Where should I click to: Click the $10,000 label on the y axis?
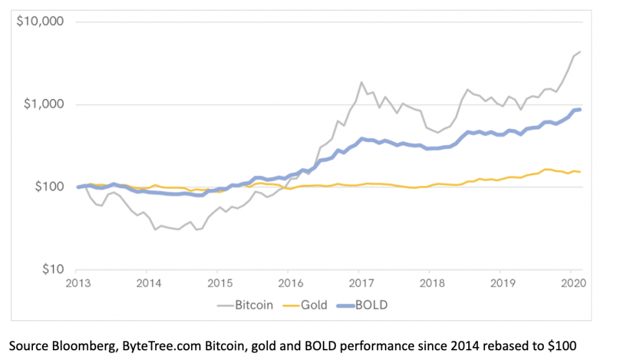[x=41, y=22]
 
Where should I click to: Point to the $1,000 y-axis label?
[x=44, y=105]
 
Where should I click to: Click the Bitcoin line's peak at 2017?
[x=361, y=82]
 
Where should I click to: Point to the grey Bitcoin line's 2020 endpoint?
[x=580, y=52]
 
